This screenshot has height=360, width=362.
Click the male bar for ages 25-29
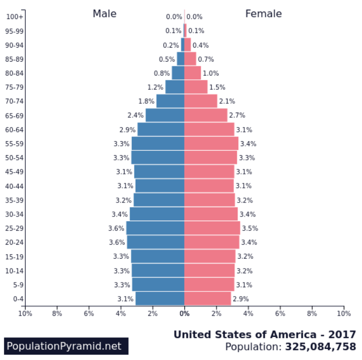tap(155, 228)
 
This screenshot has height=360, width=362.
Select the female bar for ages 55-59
tap(211, 144)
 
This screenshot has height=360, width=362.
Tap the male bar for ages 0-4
tap(160, 298)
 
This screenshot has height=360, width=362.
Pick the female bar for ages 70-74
tap(201, 101)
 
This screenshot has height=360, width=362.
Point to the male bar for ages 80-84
tap(178, 73)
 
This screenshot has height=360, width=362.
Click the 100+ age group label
tap(15, 17)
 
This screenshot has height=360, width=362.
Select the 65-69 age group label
tap(14, 115)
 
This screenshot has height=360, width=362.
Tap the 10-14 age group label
tap(14, 271)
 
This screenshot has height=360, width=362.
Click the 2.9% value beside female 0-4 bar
tap(241, 299)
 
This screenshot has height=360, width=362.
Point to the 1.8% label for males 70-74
tap(146, 101)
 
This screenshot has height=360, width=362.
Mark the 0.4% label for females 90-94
tap(200, 45)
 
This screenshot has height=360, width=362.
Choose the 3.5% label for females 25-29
tap(250, 228)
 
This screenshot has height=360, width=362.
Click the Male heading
tap(104, 14)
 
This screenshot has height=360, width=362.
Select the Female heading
tap(263, 14)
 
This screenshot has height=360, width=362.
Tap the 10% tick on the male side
tap(25, 313)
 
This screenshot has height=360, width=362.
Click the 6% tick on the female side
tap(280, 313)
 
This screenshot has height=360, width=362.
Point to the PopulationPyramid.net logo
tap(66, 346)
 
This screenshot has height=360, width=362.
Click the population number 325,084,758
tap(321, 346)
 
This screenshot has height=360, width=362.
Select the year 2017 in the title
tap(342, 334)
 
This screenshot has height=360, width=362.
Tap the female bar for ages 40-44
tap(209, 186)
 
